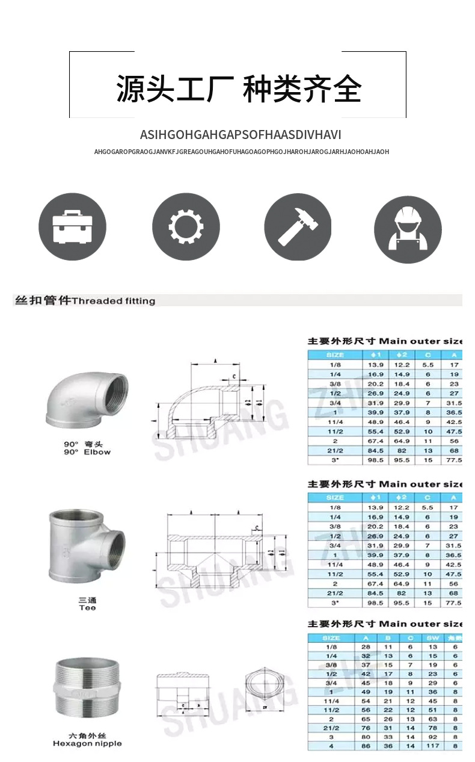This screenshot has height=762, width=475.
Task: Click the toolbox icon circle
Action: (72, 227)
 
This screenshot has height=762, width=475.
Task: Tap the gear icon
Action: (186, 227)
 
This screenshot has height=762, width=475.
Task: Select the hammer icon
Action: (298, 227)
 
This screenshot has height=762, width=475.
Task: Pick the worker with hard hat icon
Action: (408, 229)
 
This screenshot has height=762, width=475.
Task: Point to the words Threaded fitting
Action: (114, 300)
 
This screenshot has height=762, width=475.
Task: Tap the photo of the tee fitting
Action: (87, 545)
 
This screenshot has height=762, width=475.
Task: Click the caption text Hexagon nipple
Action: (87, 743)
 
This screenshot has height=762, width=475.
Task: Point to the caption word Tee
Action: (87, 608)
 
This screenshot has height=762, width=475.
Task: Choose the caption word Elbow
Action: (97, 452)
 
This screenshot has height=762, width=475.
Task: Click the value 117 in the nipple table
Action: (432, 746)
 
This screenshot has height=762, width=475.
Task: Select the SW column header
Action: (432, 637)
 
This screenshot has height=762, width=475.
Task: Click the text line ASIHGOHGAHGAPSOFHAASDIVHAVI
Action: (241, 134)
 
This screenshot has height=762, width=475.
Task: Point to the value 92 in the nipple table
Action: (432, 737)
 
